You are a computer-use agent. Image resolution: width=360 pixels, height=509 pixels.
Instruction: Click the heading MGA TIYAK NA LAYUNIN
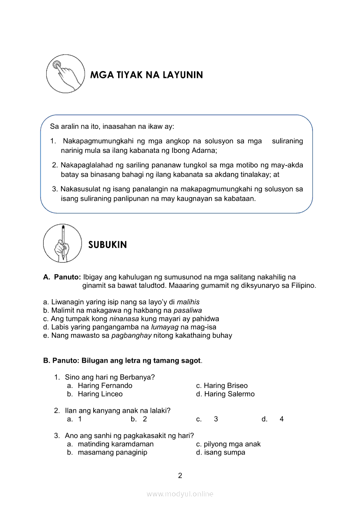146,75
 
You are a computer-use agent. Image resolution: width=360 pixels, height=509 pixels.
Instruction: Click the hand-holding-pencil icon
62,243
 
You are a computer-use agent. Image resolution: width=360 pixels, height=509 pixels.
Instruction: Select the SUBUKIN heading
108,245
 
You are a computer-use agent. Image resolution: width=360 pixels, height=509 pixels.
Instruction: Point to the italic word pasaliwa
187,310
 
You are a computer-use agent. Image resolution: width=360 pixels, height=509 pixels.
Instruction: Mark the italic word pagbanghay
132,335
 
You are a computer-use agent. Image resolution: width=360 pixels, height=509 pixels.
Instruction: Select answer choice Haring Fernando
105,386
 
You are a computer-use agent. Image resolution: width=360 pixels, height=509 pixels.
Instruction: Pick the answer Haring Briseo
225,386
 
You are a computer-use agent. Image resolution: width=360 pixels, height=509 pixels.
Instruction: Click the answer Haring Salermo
229,394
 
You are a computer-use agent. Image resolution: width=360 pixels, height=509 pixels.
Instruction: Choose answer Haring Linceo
100,394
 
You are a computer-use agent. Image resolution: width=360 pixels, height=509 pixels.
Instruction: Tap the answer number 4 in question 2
282,419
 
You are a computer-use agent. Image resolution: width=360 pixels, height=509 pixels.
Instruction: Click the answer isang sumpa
224,452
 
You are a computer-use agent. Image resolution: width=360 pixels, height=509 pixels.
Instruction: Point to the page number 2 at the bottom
180,475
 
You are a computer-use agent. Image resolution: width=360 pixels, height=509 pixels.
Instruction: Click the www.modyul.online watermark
180,494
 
